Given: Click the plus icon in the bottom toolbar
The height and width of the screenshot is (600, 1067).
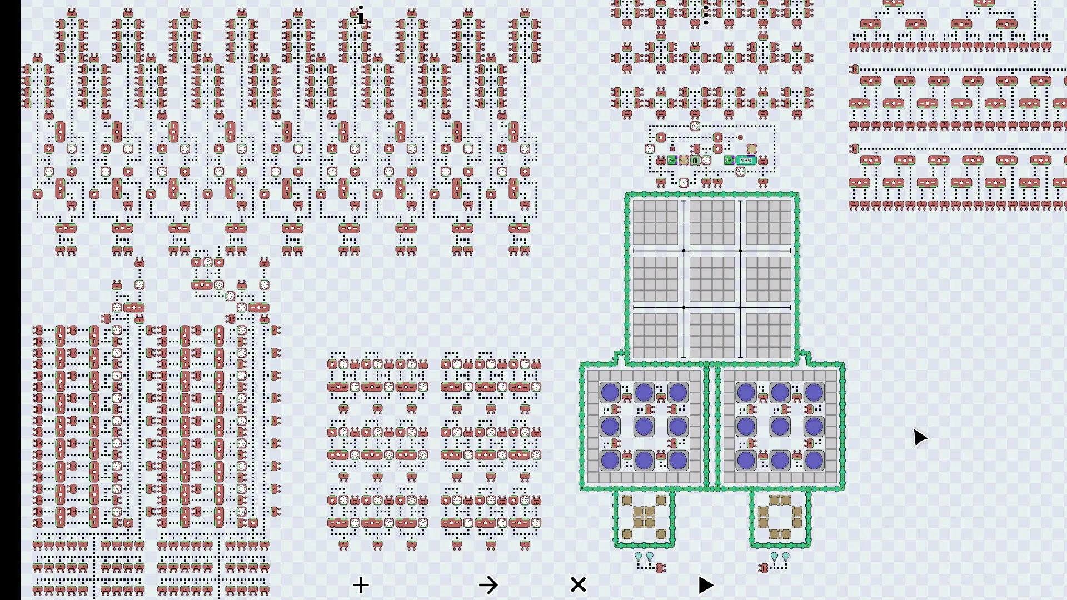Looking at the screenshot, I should pos(361,585).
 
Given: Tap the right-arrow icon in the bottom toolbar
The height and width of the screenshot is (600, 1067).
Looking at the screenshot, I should pos(488,585).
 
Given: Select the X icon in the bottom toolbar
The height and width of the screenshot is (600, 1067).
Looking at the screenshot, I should pos(578,584).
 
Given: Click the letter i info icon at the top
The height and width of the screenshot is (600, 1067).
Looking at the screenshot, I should pos(361,17).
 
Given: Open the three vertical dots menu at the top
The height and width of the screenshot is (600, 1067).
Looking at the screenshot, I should pos(706,14).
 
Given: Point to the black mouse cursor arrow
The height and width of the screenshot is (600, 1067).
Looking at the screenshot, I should pos(920,437).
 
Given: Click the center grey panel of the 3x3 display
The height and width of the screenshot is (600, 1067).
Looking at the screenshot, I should pos(712,279).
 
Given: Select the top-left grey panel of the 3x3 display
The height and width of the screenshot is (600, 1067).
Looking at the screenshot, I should pos(655,222).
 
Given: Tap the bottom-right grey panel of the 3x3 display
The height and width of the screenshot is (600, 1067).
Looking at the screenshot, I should pos(769,336).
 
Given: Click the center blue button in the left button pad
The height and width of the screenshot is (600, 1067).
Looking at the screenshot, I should pos(644,427).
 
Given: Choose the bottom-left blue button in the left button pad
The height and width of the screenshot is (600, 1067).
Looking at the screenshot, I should pos(610,461).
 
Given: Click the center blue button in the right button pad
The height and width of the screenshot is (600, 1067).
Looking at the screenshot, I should pos(780,427).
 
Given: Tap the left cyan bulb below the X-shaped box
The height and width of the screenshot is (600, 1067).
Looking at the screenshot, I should pos(639,556).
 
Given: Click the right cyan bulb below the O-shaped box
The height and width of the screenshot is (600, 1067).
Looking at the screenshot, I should pos(786,556).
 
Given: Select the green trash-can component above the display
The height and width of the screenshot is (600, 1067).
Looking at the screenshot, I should pos(695,161).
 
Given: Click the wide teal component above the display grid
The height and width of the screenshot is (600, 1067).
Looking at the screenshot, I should pos(746,161).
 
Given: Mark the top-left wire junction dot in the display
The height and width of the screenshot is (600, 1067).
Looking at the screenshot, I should pos(684,251).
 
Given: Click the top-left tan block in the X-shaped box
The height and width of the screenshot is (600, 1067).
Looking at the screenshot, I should pos(627,501).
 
